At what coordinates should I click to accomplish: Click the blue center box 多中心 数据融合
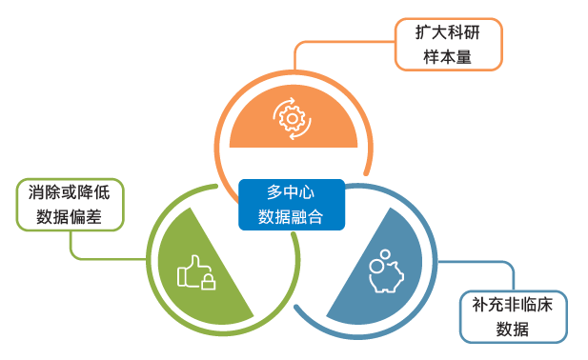pos(291,204)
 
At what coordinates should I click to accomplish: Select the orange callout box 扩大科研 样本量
pos(447,44)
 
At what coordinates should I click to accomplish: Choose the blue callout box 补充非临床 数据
pos(513,316)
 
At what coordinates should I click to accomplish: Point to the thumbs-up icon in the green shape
pos(195,271)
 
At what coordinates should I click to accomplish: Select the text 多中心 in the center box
pos(291,191)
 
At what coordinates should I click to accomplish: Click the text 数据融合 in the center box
pos(291,216)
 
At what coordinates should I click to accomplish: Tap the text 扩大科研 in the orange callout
pos(447,32)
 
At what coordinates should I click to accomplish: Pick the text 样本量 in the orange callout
pos(447,56)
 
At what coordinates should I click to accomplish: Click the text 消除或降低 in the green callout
pos(70,192)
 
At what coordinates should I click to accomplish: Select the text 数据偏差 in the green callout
pos(70,217)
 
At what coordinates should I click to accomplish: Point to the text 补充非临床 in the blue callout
pos(513,305)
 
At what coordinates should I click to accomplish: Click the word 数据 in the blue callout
pos(513,330)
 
